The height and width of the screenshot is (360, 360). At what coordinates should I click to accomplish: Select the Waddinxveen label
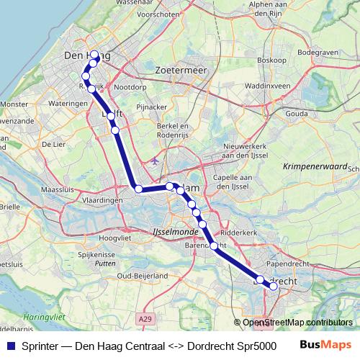pyautogui.click(x=266, y=85)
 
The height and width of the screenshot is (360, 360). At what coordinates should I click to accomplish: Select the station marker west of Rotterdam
pyautogui.click(x=138, y=189)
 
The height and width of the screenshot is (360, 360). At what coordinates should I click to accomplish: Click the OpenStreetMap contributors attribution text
pyautogui.click(x=297, y=322)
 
